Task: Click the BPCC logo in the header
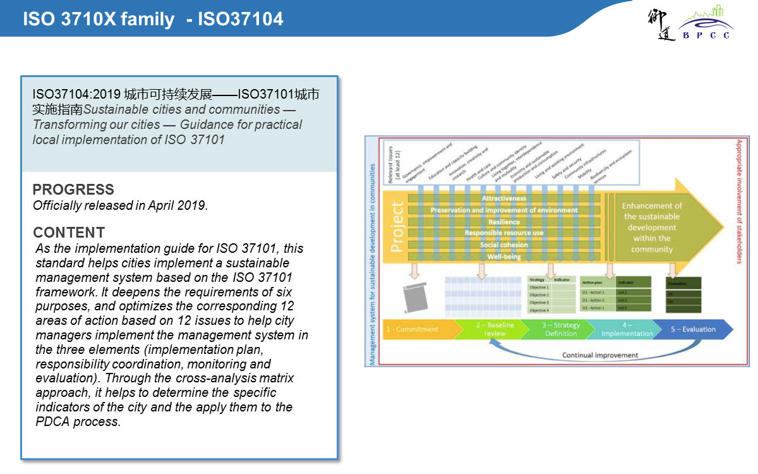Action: click(705, 24)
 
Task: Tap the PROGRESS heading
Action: click(73, 190)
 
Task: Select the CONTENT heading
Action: click(69, 232)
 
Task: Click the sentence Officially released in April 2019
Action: click(120, 205)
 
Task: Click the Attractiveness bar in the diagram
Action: click(503, 198)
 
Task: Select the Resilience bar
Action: click(503, 222)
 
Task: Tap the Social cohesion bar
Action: click(503, 245)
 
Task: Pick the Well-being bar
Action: click(503, 257)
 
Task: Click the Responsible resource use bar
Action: click(503, 233)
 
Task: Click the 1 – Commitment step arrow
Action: click(414, 329)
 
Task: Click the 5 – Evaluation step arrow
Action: click(693, 329)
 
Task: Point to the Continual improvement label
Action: click(600, 355)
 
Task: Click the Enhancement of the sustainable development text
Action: click(652, 228)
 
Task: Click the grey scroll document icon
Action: click(413, 298)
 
